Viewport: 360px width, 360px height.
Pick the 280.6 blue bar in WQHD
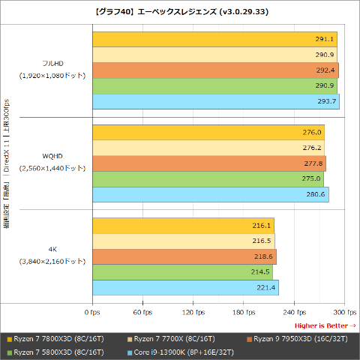(211, 195)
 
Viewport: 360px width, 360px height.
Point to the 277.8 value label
(314, 163)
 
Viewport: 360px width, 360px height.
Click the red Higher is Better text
(324, 325)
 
